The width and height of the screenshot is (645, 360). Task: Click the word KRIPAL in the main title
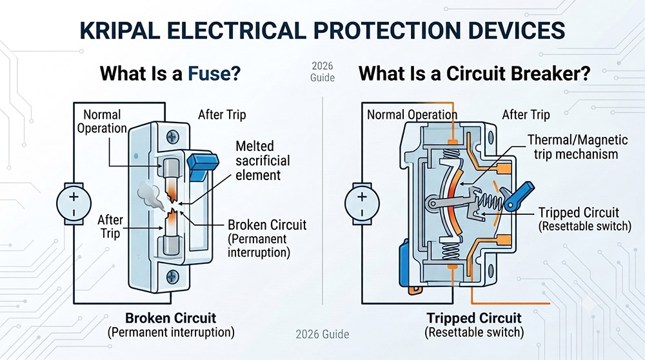pos(120,31)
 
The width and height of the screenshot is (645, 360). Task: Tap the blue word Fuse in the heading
pos(214,74)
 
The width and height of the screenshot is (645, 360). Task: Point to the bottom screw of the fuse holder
pos(172,277)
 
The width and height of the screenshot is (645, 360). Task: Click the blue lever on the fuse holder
pos(203,166)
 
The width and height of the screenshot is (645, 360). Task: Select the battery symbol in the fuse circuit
pos(74,204)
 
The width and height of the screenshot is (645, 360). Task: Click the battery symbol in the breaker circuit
pos(362,204)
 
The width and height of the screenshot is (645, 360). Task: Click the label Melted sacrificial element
pos(263,161)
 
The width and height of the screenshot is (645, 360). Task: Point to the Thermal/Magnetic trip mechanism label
pos(577,147)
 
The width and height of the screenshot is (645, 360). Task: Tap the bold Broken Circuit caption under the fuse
pos(171,318)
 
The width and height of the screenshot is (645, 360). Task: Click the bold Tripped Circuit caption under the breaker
pos(474,318)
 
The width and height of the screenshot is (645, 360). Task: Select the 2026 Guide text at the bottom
pos(322,334)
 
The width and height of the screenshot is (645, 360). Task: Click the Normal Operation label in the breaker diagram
pos(412,114)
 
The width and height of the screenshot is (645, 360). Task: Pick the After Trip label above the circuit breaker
pos(526,114)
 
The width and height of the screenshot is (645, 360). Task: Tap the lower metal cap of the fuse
pos(171,245)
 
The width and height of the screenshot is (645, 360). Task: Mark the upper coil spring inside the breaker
pos(451,154)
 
